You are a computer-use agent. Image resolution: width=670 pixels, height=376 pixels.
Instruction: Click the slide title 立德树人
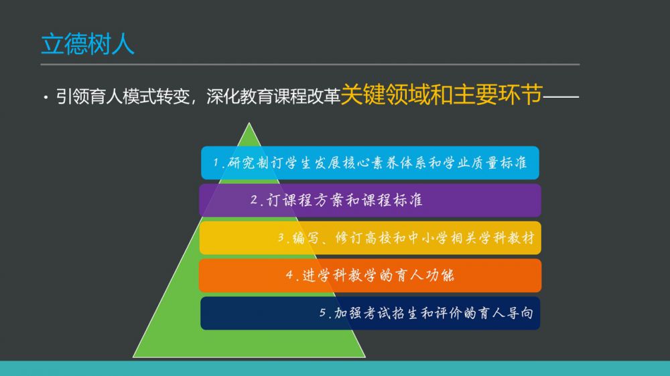click(88, 44)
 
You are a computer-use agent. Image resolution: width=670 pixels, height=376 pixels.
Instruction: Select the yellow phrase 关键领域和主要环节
click(442, 94)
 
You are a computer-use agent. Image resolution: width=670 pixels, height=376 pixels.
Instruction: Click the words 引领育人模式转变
click(123, 96)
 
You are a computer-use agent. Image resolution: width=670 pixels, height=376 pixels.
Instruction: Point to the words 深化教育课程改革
click(273, 96)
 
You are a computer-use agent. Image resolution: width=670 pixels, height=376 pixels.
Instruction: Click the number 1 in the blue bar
click(216, 163)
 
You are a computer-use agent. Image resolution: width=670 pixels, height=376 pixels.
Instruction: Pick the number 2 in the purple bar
click(254, 200)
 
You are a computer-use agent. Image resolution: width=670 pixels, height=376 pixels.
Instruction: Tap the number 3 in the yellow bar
click(281, 238)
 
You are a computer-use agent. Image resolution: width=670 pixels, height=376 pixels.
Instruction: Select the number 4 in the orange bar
click(289, 274)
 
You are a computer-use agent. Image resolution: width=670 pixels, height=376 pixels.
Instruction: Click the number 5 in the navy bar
click(323, 313)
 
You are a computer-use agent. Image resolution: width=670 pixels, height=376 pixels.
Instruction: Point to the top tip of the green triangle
click(249, 123)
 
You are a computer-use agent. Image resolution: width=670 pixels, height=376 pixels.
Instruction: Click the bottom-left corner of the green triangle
click(133, 357)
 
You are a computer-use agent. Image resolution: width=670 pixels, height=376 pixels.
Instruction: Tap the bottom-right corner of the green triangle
click(365, 357)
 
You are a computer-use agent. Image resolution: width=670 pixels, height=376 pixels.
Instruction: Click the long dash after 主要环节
click(561, 97)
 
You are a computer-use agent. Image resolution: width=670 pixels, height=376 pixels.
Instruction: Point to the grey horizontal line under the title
click(310, 64)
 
